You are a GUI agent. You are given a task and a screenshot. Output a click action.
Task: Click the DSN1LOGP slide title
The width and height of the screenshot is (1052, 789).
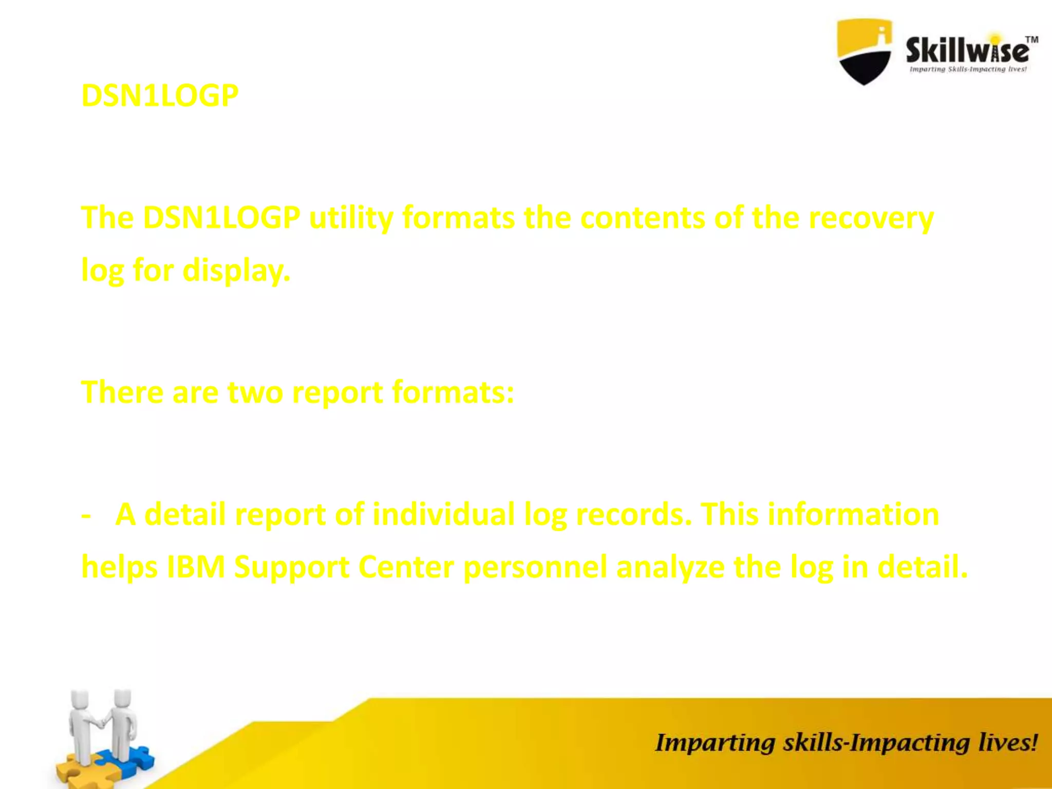pos(160,96)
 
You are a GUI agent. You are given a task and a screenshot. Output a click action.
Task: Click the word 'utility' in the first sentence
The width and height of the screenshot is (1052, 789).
pos(351,218)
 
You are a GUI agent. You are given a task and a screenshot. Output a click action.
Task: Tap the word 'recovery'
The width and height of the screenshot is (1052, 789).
pos(871,218)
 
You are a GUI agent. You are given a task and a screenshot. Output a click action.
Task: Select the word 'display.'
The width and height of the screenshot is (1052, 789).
pos(236,270)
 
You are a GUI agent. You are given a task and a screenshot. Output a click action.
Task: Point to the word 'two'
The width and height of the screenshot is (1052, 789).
pos(255,392)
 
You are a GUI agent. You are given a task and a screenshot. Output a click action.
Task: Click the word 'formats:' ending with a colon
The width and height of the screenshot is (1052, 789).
pos(453,392)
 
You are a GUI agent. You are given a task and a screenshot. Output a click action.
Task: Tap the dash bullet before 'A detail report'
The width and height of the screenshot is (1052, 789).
pos(86,515)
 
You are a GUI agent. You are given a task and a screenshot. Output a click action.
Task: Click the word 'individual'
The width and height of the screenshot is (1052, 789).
pos(443,515)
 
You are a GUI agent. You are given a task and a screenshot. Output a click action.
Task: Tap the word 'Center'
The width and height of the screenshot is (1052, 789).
pos(406,567)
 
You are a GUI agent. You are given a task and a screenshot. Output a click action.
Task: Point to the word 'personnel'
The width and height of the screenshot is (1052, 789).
pos(535,567)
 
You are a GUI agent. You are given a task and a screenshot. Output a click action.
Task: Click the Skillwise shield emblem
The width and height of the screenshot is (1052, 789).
pos(864,51)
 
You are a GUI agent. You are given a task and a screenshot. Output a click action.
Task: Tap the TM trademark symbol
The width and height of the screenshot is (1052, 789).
pos(1031,40)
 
